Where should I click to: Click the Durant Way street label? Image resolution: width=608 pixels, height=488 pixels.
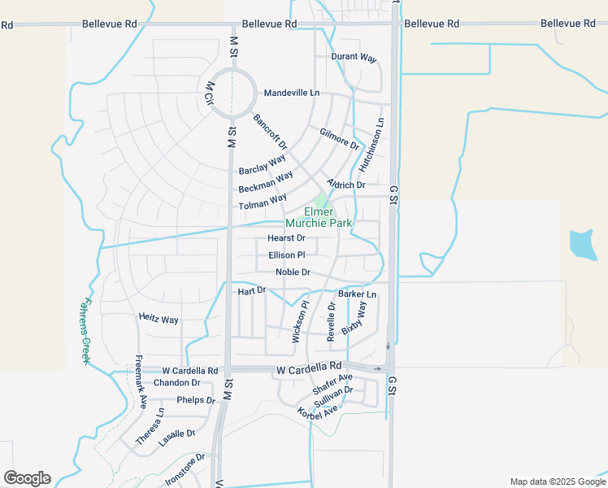pyautogui.click(x=354, y=58)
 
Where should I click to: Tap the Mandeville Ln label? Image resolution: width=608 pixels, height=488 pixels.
pyautogui.click(x=292, y=93)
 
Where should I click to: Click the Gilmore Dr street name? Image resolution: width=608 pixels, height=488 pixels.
pyautogui.click(x=340, y=138)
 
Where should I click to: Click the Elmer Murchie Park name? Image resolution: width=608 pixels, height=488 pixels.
pyautogui.click(x=319, y=217)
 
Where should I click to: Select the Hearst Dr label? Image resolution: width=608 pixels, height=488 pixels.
pyautogui.click(x=286, y=238)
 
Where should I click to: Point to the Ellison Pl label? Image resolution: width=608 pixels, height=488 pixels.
pyautogui.click(x=286, y=255)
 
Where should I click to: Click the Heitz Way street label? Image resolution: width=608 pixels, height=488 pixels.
pyautogui.click(x=159, y=320)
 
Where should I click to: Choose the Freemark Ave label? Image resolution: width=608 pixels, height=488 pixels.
pyautogui.click(x=140, y=381)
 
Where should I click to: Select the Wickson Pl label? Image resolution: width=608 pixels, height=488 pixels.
pyautogui.click(x=299, y=323)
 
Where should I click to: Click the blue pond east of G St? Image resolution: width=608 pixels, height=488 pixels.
pyautogui.click(x=582, y=243)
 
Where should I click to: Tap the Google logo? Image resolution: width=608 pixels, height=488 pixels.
pyautogui.click(x=27, y=478)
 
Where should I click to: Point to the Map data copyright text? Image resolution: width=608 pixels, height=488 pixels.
pyautogui.click(x=557, y=481)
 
